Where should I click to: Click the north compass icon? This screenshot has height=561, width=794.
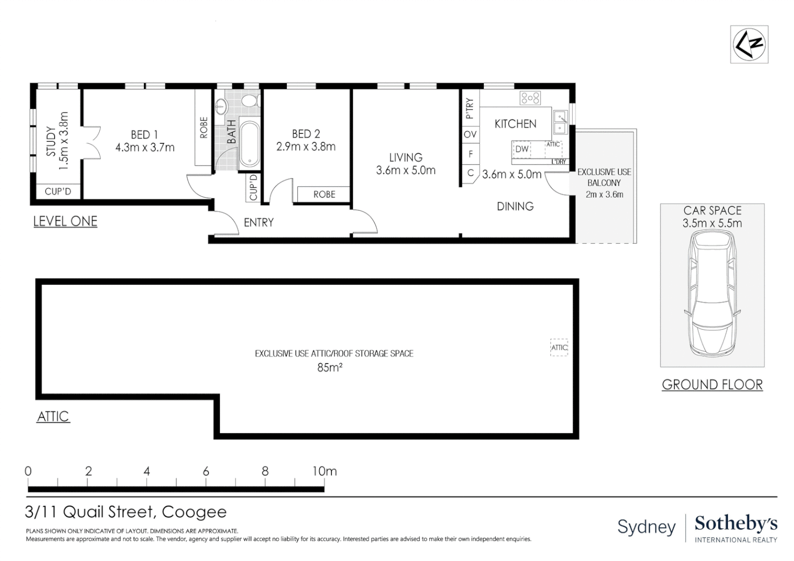[749, 44]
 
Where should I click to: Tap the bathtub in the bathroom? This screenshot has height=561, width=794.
[249, 144]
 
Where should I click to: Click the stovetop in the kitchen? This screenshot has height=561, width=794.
[531, 98]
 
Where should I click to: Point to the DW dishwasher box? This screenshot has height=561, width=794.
[522, 149]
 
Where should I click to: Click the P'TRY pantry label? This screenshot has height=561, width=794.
[470, 109]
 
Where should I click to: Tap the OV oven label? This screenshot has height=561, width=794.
[470, 135]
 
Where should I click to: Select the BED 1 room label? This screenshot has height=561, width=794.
[144, 135]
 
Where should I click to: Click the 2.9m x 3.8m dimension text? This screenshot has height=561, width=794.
[306, 147]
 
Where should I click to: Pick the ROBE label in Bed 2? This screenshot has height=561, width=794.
[324, 194]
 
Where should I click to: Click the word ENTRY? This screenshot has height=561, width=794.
[259, 223]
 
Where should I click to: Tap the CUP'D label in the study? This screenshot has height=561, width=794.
[58, 192]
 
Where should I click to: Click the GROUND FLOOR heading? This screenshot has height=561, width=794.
[712, 385]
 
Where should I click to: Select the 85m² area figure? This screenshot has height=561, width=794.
[329, 368]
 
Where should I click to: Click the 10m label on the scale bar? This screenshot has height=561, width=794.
[324, 471]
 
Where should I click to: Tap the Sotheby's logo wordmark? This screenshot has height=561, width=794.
[736, 524]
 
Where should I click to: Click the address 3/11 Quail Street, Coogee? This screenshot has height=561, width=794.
[126, 512]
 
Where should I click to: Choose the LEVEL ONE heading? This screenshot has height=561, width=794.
[65, 221]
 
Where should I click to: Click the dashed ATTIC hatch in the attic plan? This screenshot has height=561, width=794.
[559, 348]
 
